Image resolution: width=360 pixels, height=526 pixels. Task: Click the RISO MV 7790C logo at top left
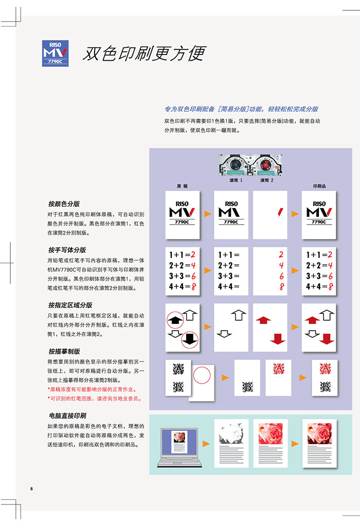[x=55, y=53]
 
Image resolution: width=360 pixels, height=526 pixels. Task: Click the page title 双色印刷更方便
[x=144, y=53]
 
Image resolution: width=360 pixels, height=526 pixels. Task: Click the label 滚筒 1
[x=236, y=180]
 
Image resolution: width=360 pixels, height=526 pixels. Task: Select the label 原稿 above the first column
[x=182, y=186]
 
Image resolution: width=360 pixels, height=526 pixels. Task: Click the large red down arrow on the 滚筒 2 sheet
[x=278, y=338]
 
